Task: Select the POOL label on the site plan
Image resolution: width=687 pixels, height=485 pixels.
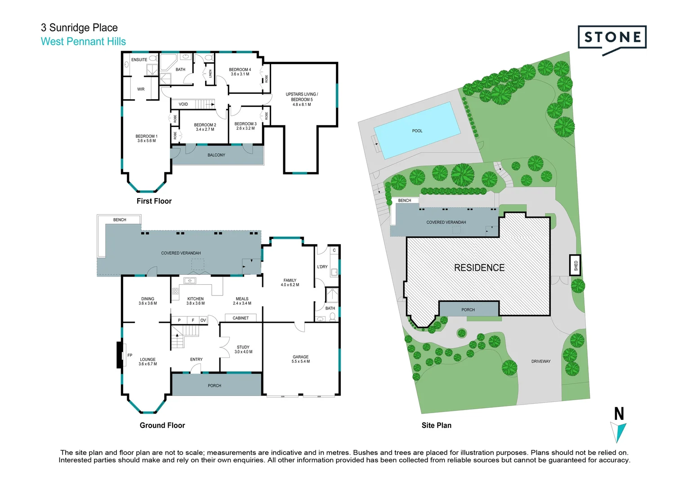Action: [417, 131]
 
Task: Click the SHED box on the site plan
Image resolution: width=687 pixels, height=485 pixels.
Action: [575, 266]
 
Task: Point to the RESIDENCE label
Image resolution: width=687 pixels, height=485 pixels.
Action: [479, 268]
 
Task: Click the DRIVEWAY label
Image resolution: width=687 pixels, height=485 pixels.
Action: [540, 362]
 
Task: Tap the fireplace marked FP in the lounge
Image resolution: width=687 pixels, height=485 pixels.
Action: [120, 355]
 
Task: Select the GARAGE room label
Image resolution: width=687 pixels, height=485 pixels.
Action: [300, 357]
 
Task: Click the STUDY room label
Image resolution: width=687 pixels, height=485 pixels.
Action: [243, 348]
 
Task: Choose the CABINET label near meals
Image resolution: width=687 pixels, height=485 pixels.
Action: [241, 318]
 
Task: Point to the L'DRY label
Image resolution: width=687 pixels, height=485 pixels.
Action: [322, 267]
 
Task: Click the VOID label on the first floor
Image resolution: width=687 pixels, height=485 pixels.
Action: [183, 105]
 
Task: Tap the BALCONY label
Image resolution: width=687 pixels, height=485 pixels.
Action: [216, 155]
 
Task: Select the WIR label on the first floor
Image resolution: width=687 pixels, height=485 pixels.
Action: [141, 89]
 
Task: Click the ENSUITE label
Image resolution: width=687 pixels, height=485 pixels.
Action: [139, 60]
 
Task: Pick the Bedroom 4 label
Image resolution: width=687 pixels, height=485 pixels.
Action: [240, 70]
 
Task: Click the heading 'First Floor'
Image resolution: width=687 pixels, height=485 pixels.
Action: [154, 201]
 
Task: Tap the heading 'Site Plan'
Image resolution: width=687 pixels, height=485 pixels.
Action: [436, 425]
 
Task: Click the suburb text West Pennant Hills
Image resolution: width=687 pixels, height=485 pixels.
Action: [83, 42]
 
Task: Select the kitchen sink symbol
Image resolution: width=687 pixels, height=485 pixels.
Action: [189, 281]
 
